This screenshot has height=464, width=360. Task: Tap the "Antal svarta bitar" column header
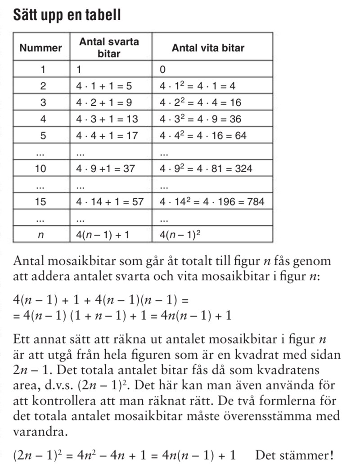pyautogui.click(x=109, y=48)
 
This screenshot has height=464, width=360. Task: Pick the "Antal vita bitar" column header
pyautogui.click(x=208, y=48)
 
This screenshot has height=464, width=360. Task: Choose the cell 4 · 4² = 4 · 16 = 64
pyautogui.click(x=203, y=135)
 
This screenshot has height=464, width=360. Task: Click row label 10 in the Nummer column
pyautogui.click(x=43, y=169)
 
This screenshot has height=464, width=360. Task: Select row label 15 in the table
pyautogui.click(x=43, y=202)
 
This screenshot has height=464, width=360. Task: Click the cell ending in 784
pyautogui.click(x=211, y=202)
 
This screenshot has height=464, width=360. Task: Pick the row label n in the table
pyautogui.click(x=43, y=235)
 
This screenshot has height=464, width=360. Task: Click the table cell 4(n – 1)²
pyautogui.click(x=185, y=235)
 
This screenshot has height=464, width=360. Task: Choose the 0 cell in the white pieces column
pyautogui.click(x=163, y=70)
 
